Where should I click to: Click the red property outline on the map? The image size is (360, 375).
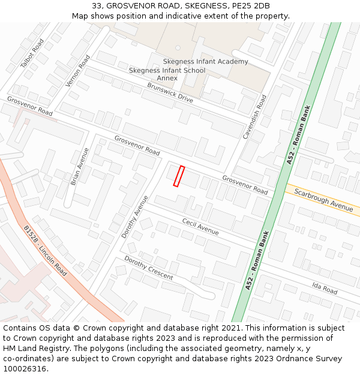178,176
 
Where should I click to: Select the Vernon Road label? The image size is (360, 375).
78,70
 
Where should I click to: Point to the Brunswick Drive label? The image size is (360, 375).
170,92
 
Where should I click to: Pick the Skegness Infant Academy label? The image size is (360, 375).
205,62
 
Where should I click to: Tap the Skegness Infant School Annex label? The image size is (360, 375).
167,74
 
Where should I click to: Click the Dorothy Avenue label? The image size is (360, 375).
134,216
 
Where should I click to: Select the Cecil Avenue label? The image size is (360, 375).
200,226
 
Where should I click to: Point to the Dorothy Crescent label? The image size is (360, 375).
148,268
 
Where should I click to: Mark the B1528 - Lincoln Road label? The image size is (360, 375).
45,251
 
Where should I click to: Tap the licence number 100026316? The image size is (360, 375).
26,368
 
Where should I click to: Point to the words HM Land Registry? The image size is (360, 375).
32,348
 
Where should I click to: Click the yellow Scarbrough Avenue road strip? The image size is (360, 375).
300,193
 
